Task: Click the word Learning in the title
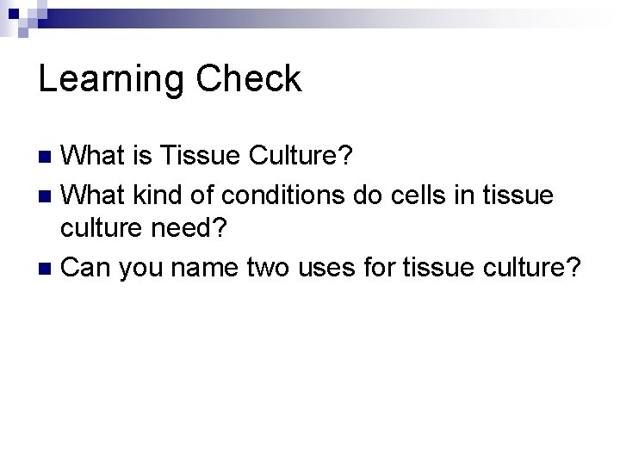pyautogui.click(x=110, y=79)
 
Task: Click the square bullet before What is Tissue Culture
pyautogui.click(x=48, y=157)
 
